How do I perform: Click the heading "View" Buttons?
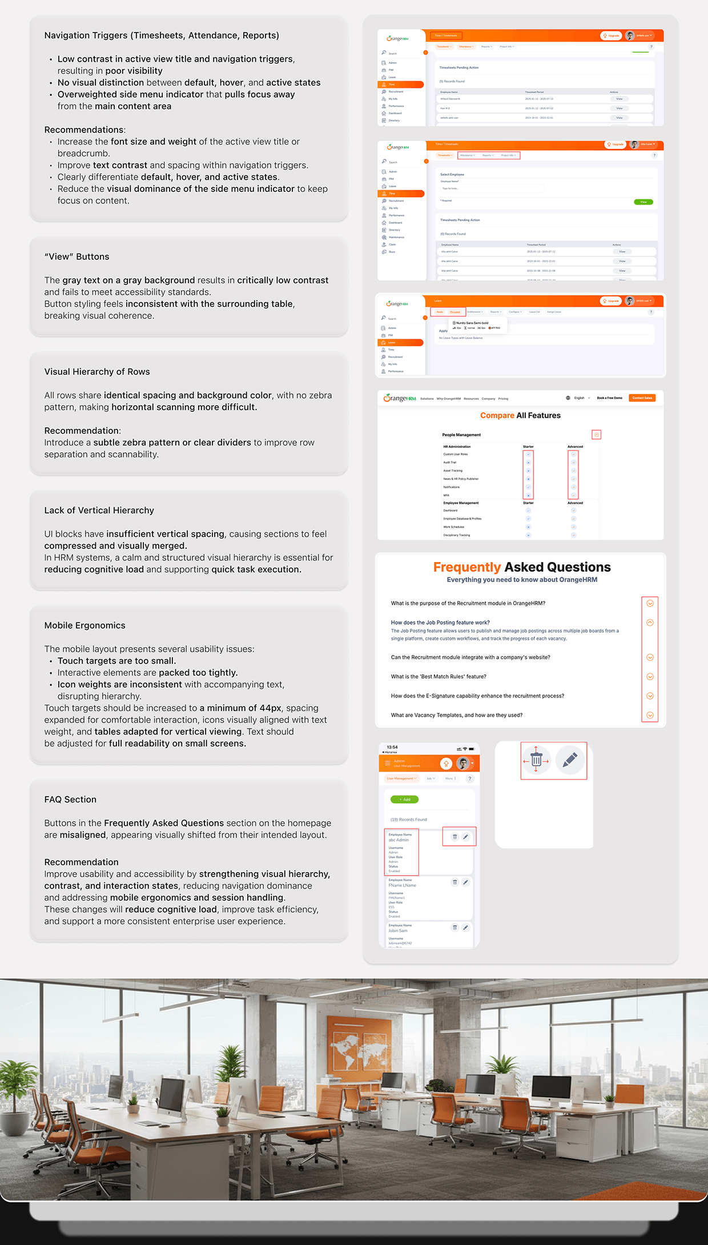[x=77, y=257]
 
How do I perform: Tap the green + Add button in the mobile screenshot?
[x=404, y=800]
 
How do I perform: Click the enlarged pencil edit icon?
[x=570, y=760]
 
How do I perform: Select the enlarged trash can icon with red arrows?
[x=536, y=760]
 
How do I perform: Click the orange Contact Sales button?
[x=642, y=398]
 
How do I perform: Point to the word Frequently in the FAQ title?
[x=466, y=567]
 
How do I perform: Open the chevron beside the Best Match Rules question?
[x=650, y=677]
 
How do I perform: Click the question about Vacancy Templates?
[x=456, y=715]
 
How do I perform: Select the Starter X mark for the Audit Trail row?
[x=528, y=463]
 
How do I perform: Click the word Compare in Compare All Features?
[x=497, y=416]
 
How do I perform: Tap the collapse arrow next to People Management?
[x=597, y=435]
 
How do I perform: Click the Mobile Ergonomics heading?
[x=85, y=625]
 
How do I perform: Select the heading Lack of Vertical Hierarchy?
[x=99, y=511]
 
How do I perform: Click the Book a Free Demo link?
[x=609, y=398]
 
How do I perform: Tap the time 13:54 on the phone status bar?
[x=392, y=747]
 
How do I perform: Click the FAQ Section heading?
[x=70, y=800]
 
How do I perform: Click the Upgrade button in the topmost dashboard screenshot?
[x=611, y=35]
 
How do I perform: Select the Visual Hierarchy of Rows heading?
[x=97, y=372]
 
